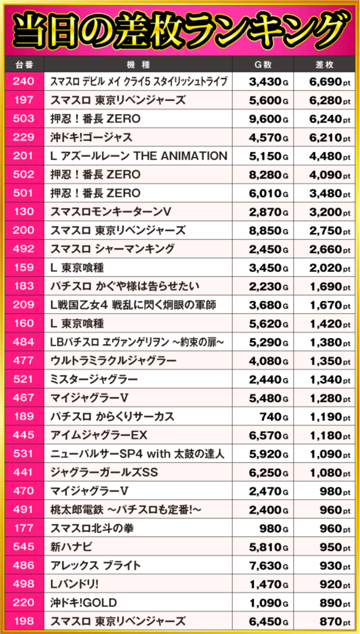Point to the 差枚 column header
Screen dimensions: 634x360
click(x=326, y=65)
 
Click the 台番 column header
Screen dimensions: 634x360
click(x=23, y=65)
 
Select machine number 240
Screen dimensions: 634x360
click(x=23, y=82)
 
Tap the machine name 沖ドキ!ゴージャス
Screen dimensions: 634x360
click(x=91, y=138)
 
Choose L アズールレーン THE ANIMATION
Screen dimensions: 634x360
click(x=138, y=156)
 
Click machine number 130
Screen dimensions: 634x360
click(x=23, y=212)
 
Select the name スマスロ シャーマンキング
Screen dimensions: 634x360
click(x=112, y=249)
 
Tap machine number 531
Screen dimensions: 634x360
click(x=23, y=454)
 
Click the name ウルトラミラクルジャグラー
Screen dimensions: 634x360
click(x=113, y=361)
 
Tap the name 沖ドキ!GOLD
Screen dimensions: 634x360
click(x=83, y=603)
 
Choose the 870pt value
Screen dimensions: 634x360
click(x=332, y=621)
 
